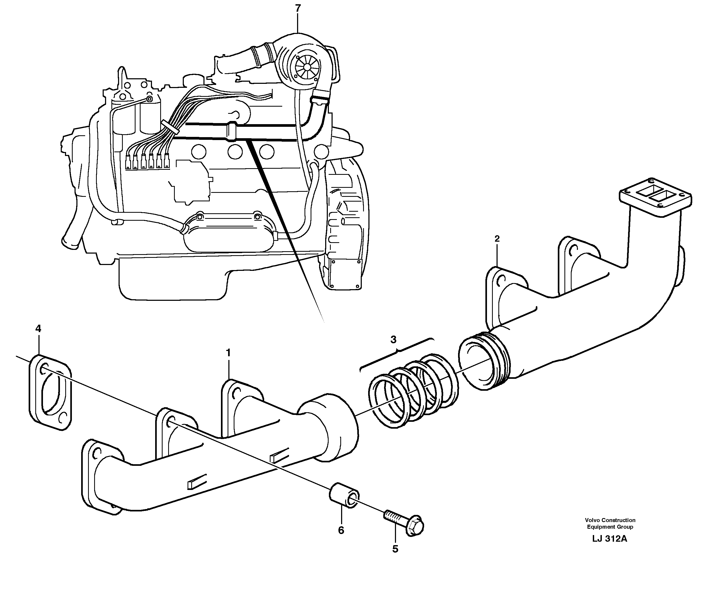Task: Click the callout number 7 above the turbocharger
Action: [298, 8]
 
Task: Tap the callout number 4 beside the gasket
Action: [38, 328]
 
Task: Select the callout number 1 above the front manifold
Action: [228, 353]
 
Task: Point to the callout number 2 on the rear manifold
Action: [497, 239]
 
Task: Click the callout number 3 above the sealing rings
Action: [393, 340]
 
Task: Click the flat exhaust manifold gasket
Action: [51, 392]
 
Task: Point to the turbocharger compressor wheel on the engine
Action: [306, 67]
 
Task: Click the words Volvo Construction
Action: [610, 520]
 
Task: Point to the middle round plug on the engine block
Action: [235, 151]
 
